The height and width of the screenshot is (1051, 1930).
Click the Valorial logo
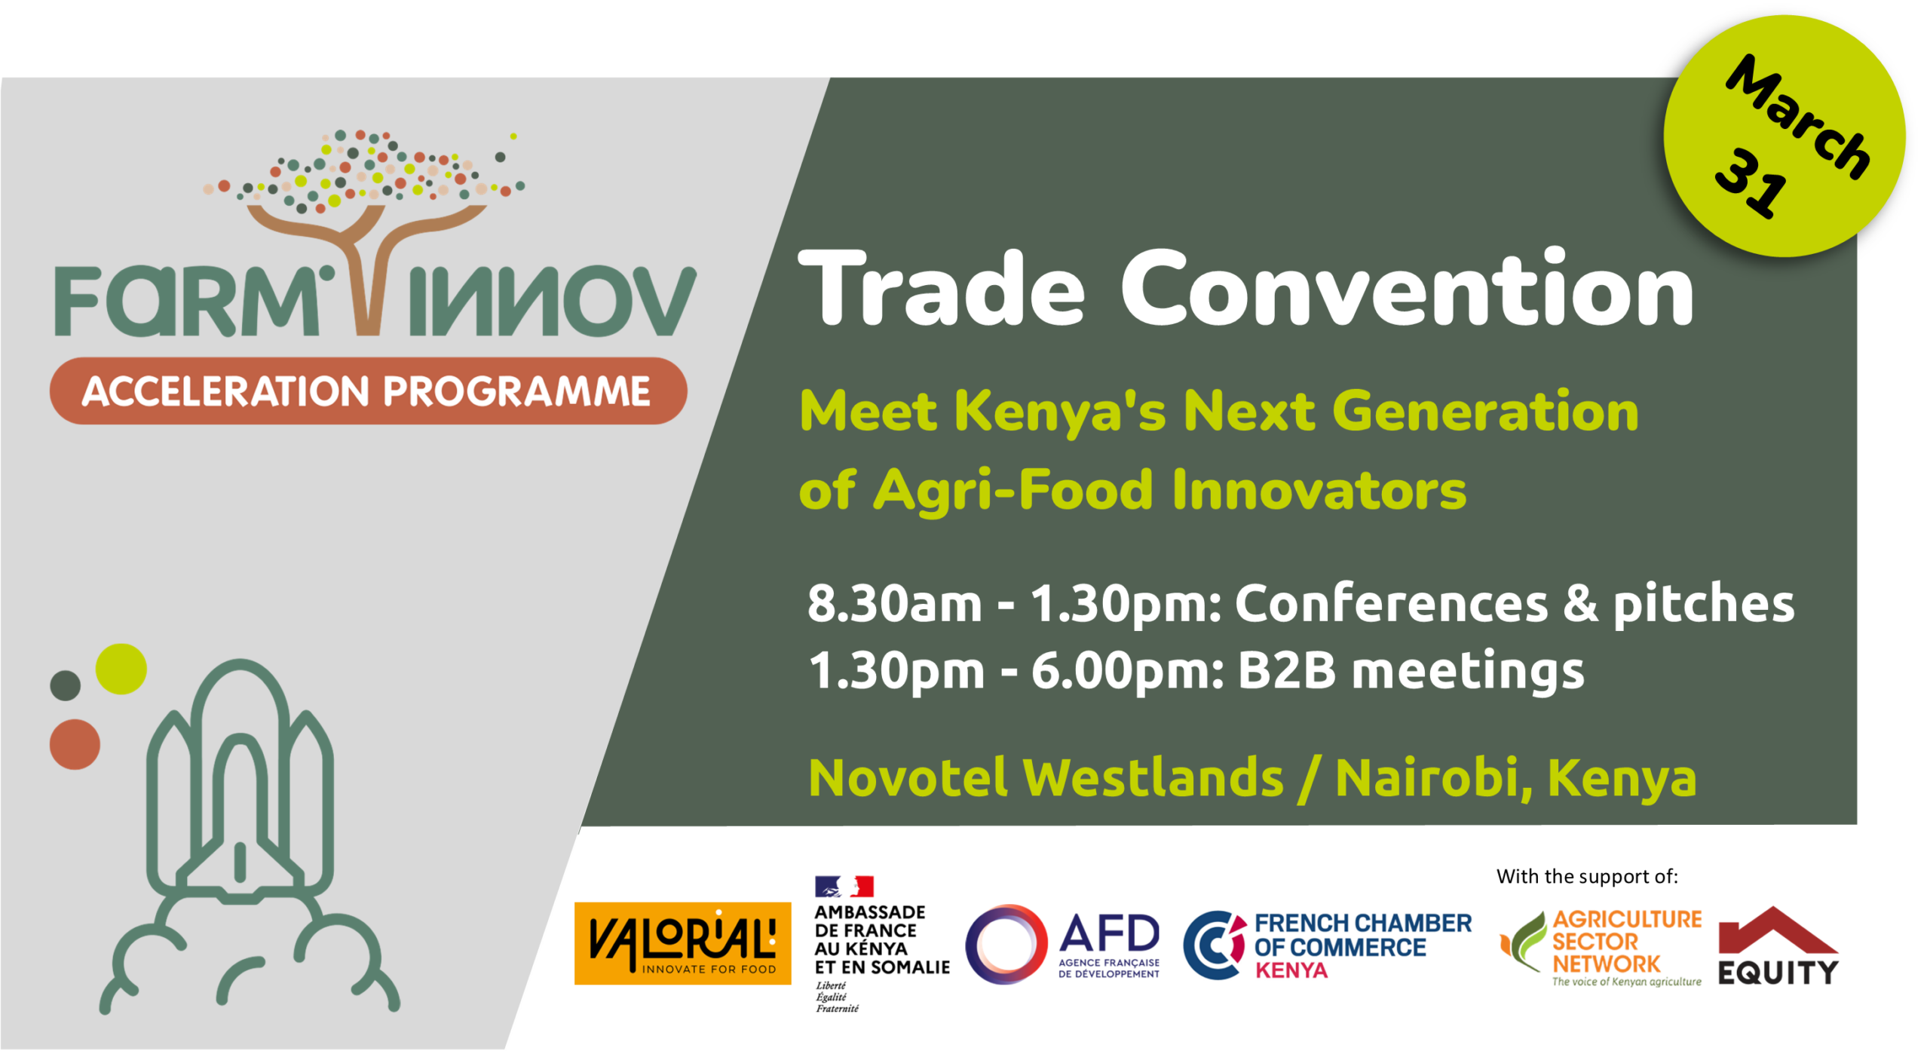coord(682,942)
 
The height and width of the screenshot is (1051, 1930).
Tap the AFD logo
coord(1063,944)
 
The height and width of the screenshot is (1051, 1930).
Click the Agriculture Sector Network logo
coord(1601,948)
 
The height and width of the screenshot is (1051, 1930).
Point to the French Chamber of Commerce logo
coord(1327,945)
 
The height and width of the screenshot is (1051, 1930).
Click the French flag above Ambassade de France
coord(844,886)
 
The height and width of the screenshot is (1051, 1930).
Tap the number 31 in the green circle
coord(1751,182)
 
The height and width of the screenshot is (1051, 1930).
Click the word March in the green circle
coord(1798,117)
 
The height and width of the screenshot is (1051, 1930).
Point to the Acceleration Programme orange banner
coord(368,391)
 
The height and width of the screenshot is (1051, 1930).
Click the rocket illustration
coord(249,837)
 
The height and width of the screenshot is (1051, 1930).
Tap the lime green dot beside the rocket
coord(121,669)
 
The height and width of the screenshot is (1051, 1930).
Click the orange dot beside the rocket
coord(75,744)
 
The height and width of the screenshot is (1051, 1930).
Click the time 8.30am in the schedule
coord(895,604)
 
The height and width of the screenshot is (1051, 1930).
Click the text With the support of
coord(1587,876)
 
